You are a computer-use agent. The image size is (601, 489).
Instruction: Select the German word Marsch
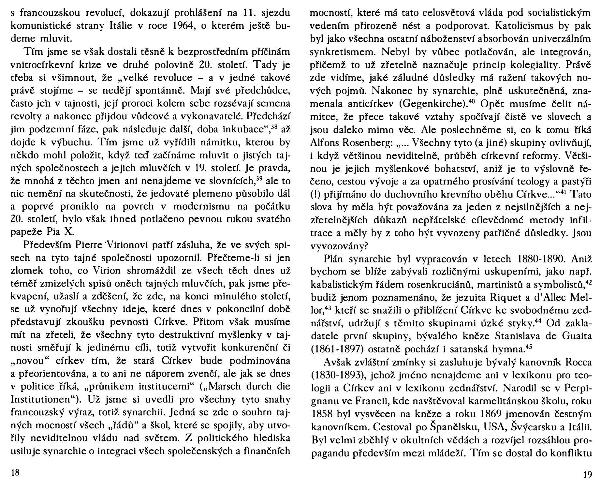(221, 387)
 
